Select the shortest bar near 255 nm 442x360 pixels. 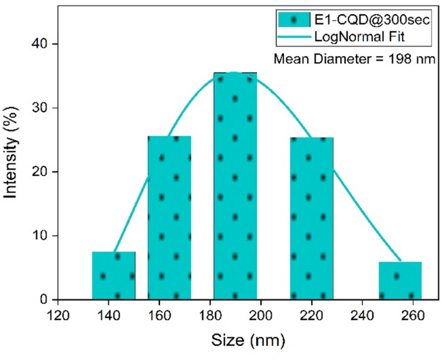[400, 281]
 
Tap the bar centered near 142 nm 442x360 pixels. [114, 275]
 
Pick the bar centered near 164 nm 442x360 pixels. [169, 217]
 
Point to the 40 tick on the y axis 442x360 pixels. [44, 44]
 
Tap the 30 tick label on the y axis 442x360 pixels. [44, 108]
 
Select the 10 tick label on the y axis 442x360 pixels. [44, 235]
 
